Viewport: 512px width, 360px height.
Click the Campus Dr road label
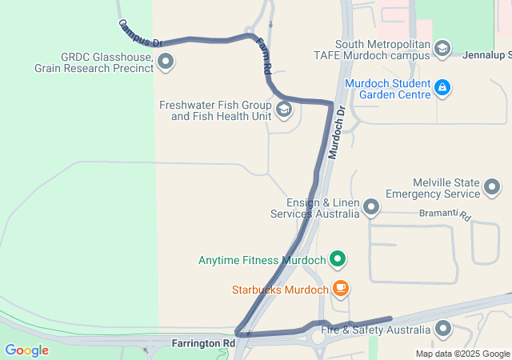(x=141, y=33)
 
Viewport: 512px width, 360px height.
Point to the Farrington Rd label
(x=204, y=343)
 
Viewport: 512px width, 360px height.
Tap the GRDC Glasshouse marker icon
(x=166, y=61)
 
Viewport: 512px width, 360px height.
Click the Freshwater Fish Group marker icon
(x=284, y=110)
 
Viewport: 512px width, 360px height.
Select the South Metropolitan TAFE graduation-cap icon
(x=442, y=50)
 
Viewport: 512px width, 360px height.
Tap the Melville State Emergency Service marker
(x=492, y=188)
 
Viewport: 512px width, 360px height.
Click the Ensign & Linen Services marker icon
(x=370, y=208)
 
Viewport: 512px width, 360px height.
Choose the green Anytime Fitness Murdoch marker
(x=338, y=259)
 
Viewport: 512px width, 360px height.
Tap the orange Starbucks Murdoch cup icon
(x=341, y=289)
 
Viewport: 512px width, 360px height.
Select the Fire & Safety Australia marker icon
(x=442, y=329)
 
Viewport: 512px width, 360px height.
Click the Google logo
(x=26, y=350)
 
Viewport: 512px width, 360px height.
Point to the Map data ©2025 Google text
(x=462, y=354)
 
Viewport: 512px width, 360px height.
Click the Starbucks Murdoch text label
(x=280, y=290)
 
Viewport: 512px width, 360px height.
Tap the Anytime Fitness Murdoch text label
(x=262, y=260)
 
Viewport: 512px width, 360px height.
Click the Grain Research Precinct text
(x=93, y=68)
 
